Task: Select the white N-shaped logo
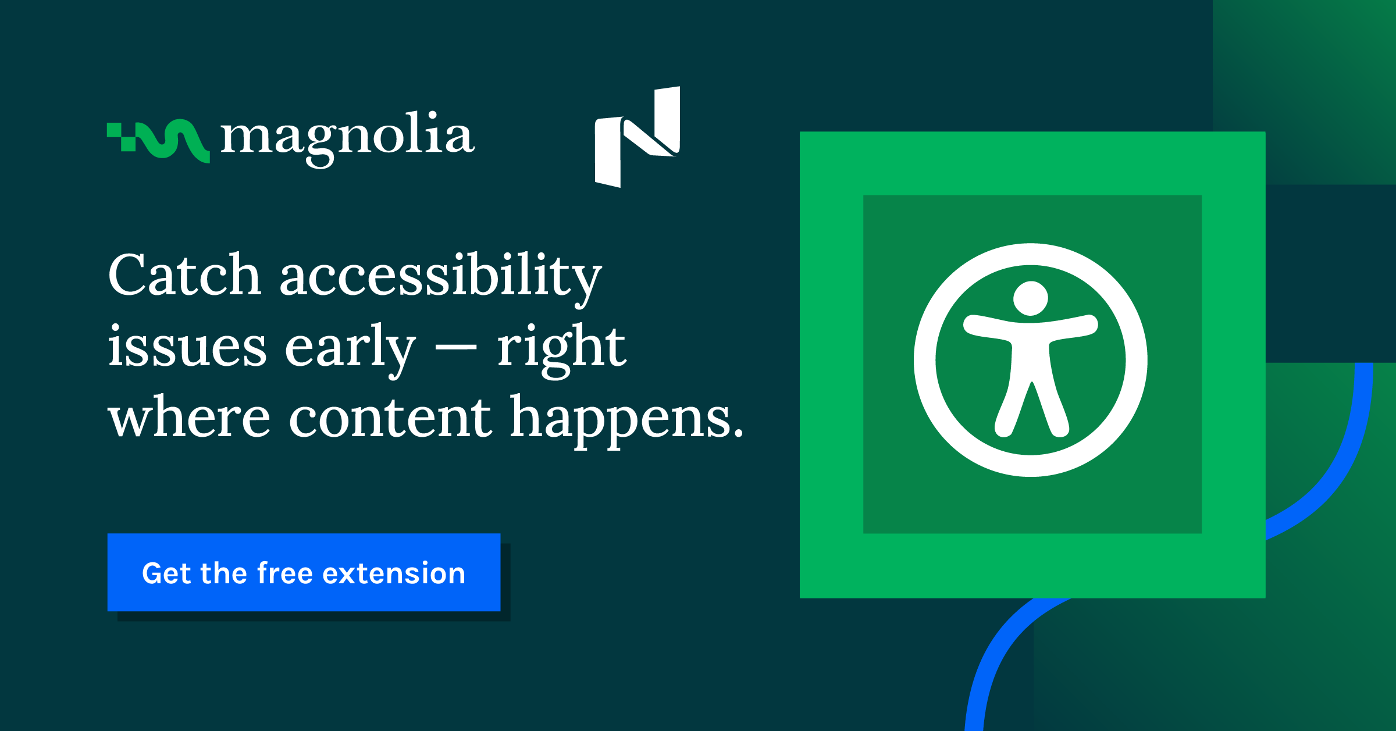pyautogui.click(x=638, y=137)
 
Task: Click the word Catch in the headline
pyautogui.click(x=184, y=274)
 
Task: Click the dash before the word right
pyautogui.click(x=456, y=349)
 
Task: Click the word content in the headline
pyautogui.click(x=390, y=417)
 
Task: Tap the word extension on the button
pyautogui.click(x=394, y=574)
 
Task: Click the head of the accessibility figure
pyautogui.click(x=1031, y=298)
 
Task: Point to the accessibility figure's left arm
pyautogui.click(x=989, y=327)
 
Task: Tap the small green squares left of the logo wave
pyautogui.click(x=122, y=137)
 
